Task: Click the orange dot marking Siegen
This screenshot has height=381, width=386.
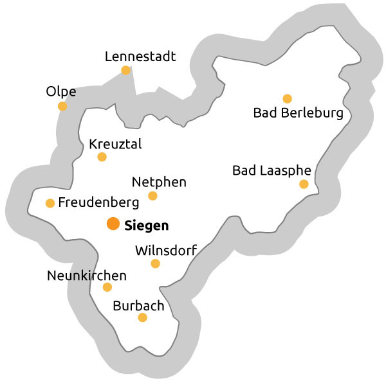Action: pyautogui.click(x=113, y=224)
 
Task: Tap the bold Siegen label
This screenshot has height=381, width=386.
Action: pyautogui.click(x=146, y=226)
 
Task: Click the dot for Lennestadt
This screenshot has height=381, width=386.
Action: pyautogui.click(x=126, y=70)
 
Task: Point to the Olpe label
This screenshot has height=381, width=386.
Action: pyautogui.click(x=61, y=92)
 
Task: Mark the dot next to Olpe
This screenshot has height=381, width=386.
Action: pyautogui.click(x=62, y=106)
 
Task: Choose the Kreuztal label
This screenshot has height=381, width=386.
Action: pyautogui.click(x=115, y=143)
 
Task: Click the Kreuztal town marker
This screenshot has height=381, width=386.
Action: pyautogui.click(x=102, y=157)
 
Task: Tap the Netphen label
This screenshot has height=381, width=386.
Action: pyautogui.click(x=159, y=182)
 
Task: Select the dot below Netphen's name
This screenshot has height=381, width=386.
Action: pyautogui.click(x=152, y=196)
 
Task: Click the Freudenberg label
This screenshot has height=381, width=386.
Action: pyautogui.click(x=98, y=203)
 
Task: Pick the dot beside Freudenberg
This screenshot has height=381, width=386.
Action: pyautogui.click(x=50, y=203)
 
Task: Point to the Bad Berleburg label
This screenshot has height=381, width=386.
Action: pyautogui.click(x=298, y=114)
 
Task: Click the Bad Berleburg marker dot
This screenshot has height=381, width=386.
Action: pyautogui.click(x=287, y=98)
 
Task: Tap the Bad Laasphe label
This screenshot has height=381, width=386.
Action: pyautogui.click(x=271, y=171)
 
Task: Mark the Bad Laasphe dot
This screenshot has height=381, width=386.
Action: pyautogui.click(x=304, y=184)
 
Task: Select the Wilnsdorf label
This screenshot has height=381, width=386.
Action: pyautogui.click(x=166, y=250)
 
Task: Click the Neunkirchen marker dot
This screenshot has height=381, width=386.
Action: pyautogui.click(x=107, y=287)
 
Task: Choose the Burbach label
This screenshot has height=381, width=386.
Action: pyautogui.click(x=138, y=306)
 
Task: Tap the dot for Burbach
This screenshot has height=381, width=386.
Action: pyautogui.click(x=143, y=317)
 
